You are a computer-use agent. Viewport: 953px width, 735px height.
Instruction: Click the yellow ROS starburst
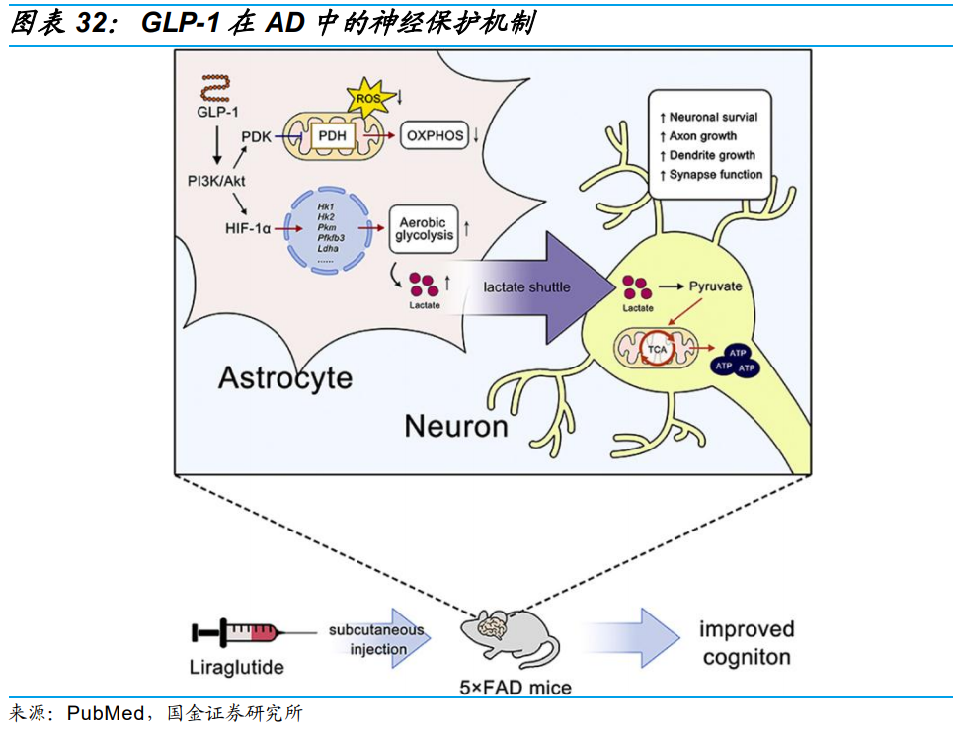(369, 97)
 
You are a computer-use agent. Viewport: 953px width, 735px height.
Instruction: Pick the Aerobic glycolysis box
(424, 226)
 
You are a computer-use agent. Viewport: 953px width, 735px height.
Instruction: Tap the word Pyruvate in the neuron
(715, 286)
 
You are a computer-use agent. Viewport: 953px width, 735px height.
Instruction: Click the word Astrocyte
(284, 377)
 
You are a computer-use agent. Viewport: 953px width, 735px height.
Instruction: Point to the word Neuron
(455, 426)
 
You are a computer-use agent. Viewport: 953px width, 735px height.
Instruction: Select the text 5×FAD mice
(520, 687)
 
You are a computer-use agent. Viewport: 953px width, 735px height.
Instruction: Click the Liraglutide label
(236, 667)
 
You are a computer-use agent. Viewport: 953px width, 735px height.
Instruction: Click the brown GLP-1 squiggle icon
(210, 88)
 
